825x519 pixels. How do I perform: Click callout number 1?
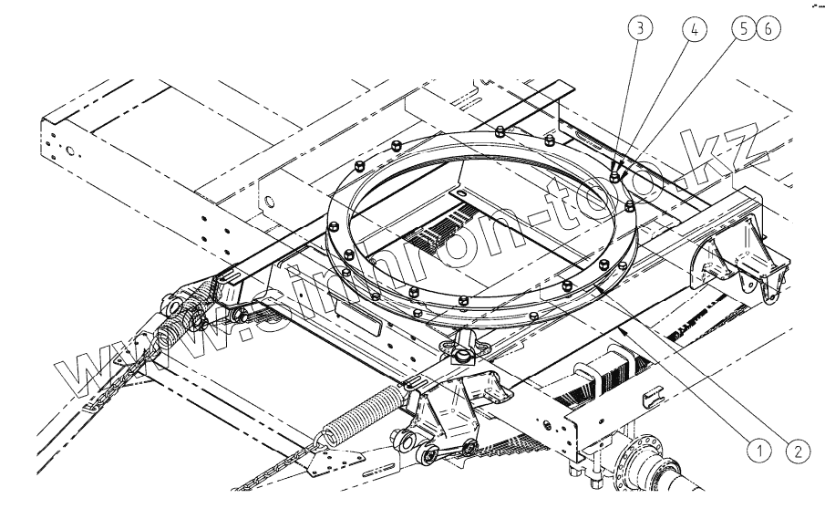coord(756,448)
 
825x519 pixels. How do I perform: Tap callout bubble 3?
coord(643,28)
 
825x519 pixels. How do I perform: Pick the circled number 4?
coord(694,28)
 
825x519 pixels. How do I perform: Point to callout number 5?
coord(744,28)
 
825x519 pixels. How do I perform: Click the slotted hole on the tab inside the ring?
coord(462,194)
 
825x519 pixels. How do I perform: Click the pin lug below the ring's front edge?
coord(463,348)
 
